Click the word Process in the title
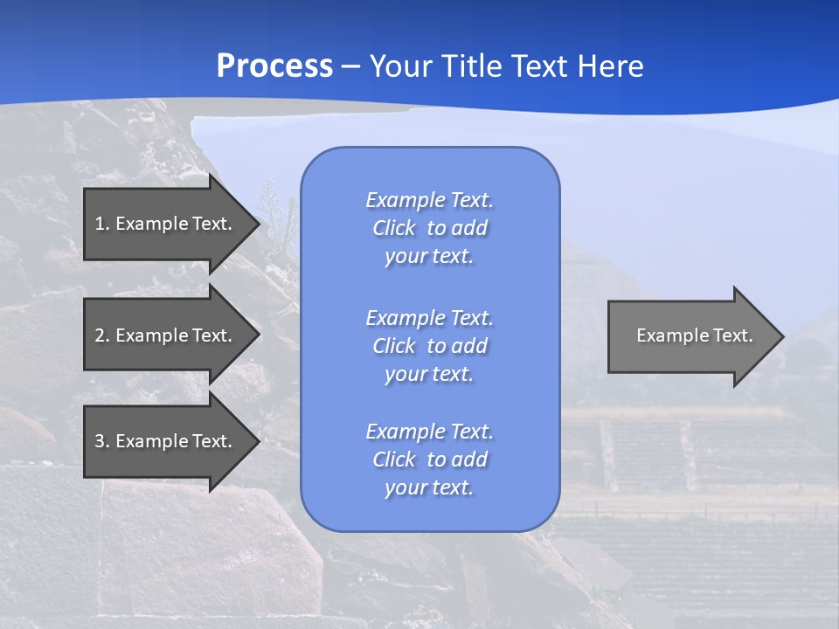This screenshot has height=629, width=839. (274, 66)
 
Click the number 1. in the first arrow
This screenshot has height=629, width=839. (102, 224)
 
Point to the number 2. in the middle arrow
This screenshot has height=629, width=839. (102, 335)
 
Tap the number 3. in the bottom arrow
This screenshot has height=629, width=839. (102, 441)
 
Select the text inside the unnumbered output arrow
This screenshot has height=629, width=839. (695, 335)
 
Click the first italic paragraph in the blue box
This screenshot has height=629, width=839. (429, 228)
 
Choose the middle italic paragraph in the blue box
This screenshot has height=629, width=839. (429, 346)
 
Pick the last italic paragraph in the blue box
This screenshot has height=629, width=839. (429, 460)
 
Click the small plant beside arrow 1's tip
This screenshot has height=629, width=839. (277, 218)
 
